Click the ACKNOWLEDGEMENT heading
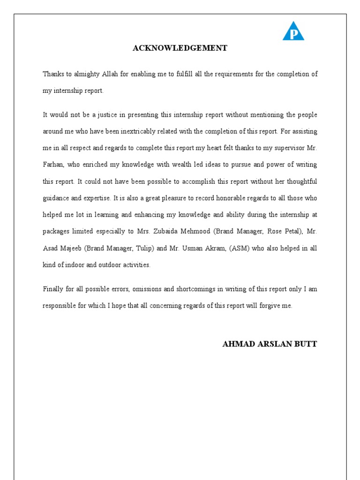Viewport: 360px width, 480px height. [x=180, y=48]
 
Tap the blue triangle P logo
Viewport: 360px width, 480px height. [x=293, y=32]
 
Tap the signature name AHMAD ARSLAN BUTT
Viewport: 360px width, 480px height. [x=269, y=344]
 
